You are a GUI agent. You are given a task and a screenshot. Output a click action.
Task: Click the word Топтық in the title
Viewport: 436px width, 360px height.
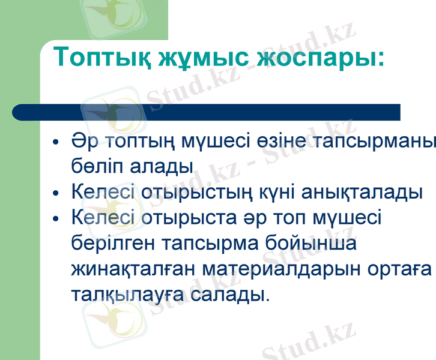(x=100, y=58)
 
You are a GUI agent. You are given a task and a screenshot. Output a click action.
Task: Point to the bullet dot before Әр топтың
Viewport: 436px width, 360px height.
(x=56, y=145)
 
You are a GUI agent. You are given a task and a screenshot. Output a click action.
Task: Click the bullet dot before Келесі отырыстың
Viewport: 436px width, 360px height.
(x=56, y=194)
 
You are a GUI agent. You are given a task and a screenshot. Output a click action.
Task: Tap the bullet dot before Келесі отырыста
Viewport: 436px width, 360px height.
(x=56, y=218)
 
